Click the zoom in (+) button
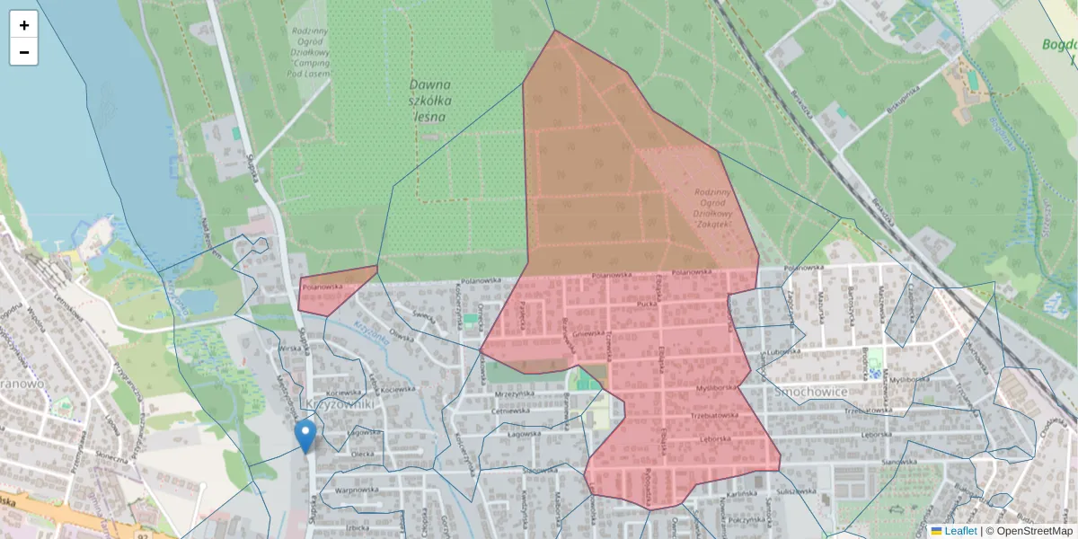pyautogui.click(x=24, y=25)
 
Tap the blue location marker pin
pyautogui.click(x=305, y=435)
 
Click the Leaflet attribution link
pyautogui.click(x=959, y=531)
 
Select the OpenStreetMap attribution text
pyautogui.click(x=1034, y=531)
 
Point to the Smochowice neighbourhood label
pyautogui.click(x=810, y=393)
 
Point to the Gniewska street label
pyautogui.click(x=587, y=332)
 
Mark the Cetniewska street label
pyautogui.click(x=509, y=411)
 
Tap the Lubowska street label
pyautogui.click(x=782, y=352)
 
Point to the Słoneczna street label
pyautogui.click(x=111, y=456)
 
